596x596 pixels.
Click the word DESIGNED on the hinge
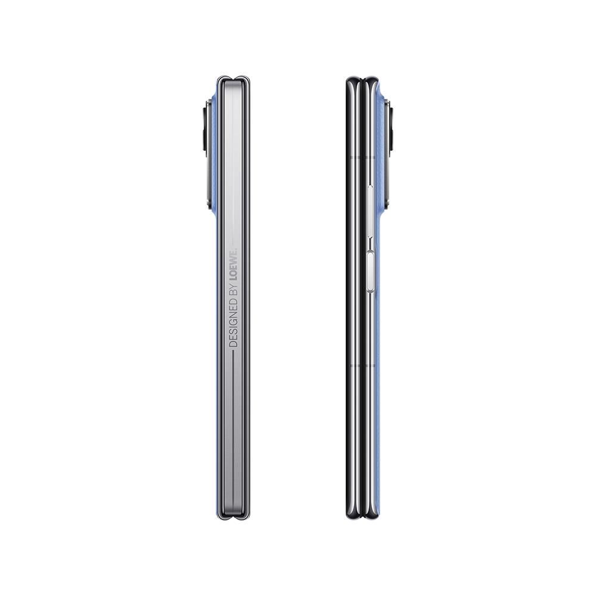(234, 322)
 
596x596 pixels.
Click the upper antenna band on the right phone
(362, 157)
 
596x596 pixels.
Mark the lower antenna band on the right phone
(362, 366)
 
